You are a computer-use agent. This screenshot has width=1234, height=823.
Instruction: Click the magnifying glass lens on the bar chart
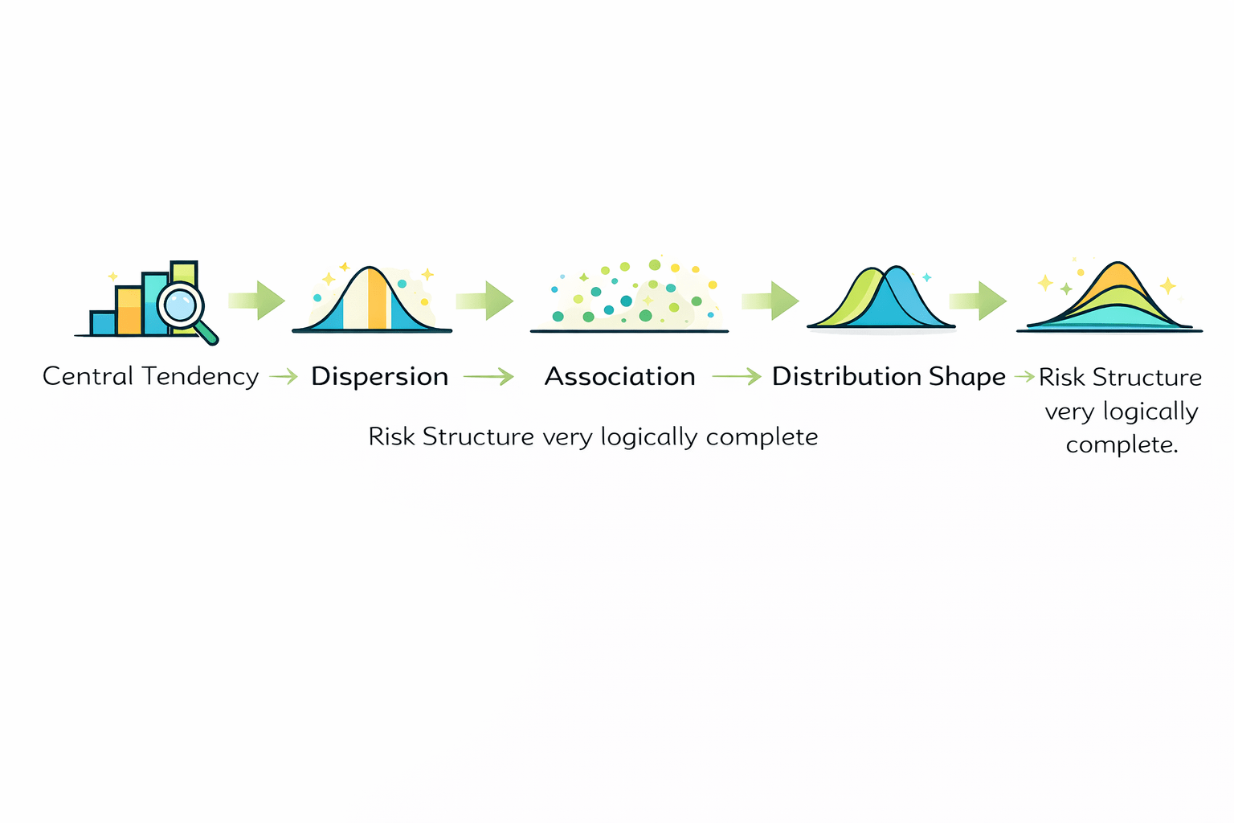coord(180,305)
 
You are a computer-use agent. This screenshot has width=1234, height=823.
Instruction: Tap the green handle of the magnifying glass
coord(206,333)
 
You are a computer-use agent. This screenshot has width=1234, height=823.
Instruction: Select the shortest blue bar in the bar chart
coord(103,323)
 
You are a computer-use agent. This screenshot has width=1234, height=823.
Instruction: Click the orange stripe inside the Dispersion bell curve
coord(377,299)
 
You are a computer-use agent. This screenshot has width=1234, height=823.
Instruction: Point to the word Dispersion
coord(379,376)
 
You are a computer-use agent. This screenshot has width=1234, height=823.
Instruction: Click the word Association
coord(619,376)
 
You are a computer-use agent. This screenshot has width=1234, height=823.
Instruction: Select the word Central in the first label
coord(88,376)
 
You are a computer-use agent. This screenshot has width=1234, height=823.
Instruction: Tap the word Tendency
coord(200,376)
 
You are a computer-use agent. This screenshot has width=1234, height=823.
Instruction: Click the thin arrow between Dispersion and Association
coord(488,376)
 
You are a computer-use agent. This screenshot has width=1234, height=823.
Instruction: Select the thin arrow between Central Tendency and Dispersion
coord(284,376)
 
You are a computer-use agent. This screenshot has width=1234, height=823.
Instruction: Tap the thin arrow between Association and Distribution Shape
coord(737,376)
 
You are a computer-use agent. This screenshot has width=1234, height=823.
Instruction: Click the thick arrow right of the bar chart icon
coord(257,301)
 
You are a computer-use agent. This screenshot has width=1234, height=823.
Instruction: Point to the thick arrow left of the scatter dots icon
coord(484,301)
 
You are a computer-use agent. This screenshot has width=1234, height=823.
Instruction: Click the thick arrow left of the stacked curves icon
coord(977,301)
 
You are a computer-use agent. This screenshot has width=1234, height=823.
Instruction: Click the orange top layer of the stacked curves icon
coord(1117,277)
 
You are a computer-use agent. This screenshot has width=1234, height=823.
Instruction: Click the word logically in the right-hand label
coord(1150,411)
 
